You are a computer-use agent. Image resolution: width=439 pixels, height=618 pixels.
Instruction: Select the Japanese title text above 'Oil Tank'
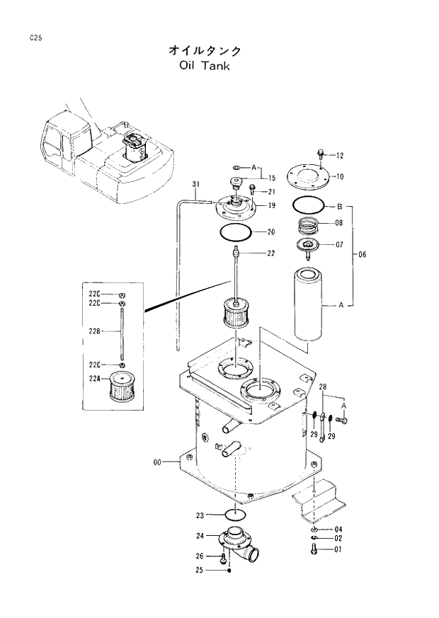[x=205, y=50]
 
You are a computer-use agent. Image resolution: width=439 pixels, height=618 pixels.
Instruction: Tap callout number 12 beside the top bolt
[x=339, y=155]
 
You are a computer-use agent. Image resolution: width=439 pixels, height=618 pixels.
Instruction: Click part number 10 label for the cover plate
[x=339, y=176]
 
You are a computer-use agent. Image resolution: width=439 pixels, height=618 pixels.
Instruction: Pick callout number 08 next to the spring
[x=338, y=222]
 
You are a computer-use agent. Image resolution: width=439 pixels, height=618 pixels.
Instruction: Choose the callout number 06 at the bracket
[x=362, y=255]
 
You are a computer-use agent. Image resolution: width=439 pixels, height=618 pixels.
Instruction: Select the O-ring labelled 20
[x=234, y=231]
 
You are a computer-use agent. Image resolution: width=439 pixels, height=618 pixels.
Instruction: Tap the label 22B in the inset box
[x=93, y=329]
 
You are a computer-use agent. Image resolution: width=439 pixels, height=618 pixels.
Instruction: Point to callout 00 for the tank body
[x=158, y=462]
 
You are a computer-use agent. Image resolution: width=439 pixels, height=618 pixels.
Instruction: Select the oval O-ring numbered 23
[x=234, y=513]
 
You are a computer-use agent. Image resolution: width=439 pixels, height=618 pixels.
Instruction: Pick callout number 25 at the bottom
[x=200, y=570]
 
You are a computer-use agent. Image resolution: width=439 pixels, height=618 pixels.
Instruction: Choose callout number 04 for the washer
[x=338, y=530]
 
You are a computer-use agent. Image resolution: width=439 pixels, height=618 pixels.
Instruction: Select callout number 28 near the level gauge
[x=323, y=387]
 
